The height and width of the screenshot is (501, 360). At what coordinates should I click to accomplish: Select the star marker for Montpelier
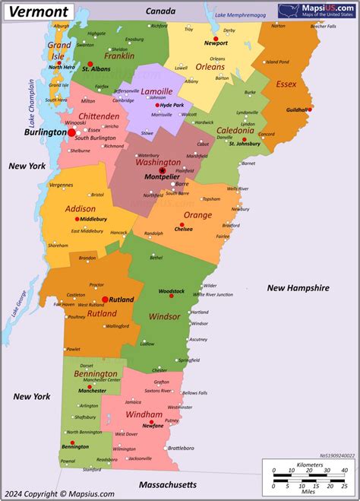[x=162, y=170]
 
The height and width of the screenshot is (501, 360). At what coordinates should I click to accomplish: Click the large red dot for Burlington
[x=72, y=132]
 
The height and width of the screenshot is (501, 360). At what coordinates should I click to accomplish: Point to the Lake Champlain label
[x=33, y=103]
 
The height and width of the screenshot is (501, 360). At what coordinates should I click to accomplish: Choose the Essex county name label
[x=286, y=84]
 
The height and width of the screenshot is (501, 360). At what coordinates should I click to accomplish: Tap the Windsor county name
[x=165, y=316]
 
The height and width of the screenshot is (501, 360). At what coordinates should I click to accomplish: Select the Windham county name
[x=144, y=416]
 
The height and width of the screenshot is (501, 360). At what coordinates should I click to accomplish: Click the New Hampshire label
[x=298, y=288]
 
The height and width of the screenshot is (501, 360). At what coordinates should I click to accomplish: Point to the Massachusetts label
[x=168, y=484]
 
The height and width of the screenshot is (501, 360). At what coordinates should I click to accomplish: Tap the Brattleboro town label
[x=182, y=448]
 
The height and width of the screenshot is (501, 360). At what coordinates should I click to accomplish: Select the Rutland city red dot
[x=105, y=300]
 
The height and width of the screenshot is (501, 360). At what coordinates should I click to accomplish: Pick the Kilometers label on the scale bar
[x=311, y=464]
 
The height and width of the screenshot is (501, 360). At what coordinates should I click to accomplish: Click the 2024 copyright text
[x=59, y=493]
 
